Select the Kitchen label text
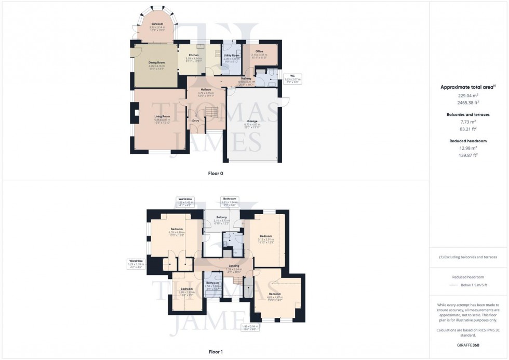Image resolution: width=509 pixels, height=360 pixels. tap(193, 55)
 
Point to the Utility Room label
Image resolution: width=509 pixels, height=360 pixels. tap(232, 55)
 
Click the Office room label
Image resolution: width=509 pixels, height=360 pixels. tap(259, 51)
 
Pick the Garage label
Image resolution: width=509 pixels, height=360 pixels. tap(252, 121)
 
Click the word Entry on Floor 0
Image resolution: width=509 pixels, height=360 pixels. tap(196, 121)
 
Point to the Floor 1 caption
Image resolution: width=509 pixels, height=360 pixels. tap(216, 352)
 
